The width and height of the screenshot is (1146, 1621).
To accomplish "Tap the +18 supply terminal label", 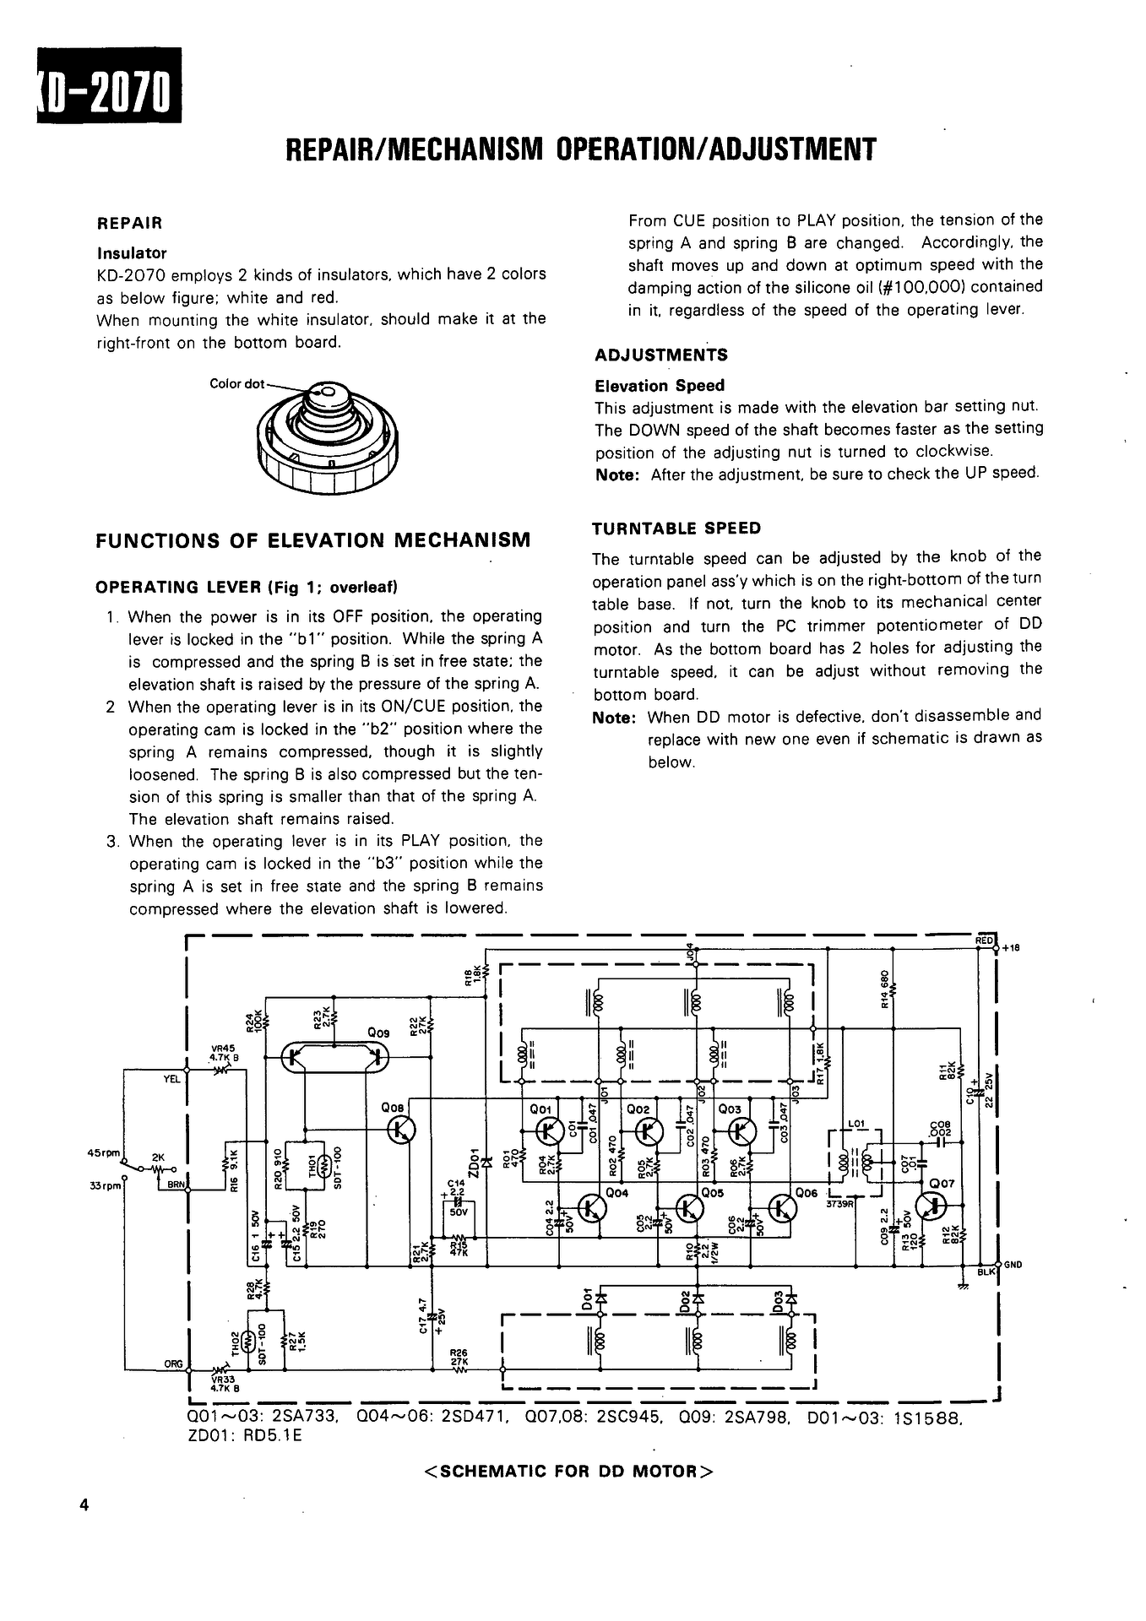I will [x=1012, y=948].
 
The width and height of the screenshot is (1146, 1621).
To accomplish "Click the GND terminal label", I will [x=1013, y=1265].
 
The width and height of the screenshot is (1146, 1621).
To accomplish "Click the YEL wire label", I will [x=171, y=1079].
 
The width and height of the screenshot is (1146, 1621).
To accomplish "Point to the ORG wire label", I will [x=174, y=1363].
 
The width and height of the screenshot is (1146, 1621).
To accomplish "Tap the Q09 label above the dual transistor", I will [x=378, y=1032].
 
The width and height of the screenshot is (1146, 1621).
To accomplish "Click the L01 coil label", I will [x=855, y=1124].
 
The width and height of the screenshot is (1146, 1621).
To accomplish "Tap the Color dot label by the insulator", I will [x=236, y=384].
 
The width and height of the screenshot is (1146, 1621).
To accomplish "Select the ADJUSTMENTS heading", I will [x=660, y=355].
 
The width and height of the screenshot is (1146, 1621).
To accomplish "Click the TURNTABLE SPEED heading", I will [x=676, y=529].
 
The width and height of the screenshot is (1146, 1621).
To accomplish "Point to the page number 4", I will [x=83, y=1505].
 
